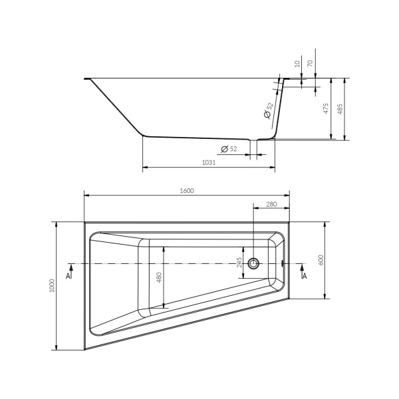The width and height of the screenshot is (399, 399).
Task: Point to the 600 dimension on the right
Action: click(320, 260)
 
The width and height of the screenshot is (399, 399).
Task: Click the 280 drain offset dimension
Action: click(271, 204)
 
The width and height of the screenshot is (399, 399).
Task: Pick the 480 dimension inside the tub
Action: click(159, 277)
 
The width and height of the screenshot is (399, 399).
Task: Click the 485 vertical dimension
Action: click(341, 108)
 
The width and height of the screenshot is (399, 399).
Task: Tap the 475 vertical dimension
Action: click(326, 108)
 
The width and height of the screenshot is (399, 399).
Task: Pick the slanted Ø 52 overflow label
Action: click(268, 111)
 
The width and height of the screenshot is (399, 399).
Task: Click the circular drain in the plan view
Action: click(253, 264)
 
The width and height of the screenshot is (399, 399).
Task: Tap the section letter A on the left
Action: click(69, 274)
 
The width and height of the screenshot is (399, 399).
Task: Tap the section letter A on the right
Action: click(304, 274)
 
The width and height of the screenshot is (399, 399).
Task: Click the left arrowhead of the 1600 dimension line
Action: click(85, 196)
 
